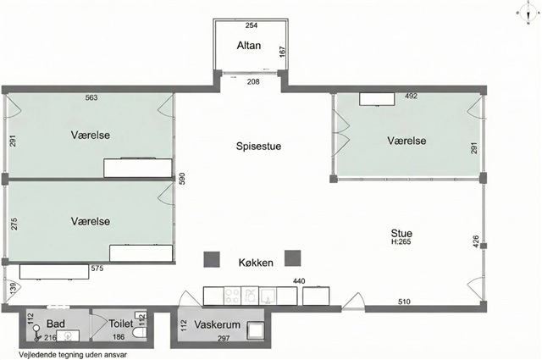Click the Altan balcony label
pyautogui.click(x=248, y=45)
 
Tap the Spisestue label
pyautogui.click(x=258, y=146)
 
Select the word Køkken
pyautogui.click(x=256, y=263)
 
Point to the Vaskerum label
pyautogui.click(x=217, y=324)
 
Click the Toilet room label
pyautogui.click(x=120, y=324)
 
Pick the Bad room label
pyautogui.click(x=56, y=324)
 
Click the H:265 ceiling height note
pyautogui.click(x=401, y=241)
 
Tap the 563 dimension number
pyautogui.click(x=91, y=97)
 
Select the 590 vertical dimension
pyautogui.click(x=182, y=179)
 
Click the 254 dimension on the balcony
pyautogui.click(x=252, y=25)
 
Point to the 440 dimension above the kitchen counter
pyautogui.click(x=299, y=281)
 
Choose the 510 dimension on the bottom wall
pyautogui.click(x=404, y=302)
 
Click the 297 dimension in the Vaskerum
pyautogui.click(x=224, y=339)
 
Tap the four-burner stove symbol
pyautogui.click(x=232, y=296)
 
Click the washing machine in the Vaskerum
pyautogui.click(x=256, y=330)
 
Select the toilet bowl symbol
pyautogui.click(x=140, y=332)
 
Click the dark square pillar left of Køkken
pyautogui.click(x=212, y=259)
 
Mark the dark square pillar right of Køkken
pyautogui.click(x=293, y=258)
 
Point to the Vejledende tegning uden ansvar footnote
pyautogui.click(x=73, y=355)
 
